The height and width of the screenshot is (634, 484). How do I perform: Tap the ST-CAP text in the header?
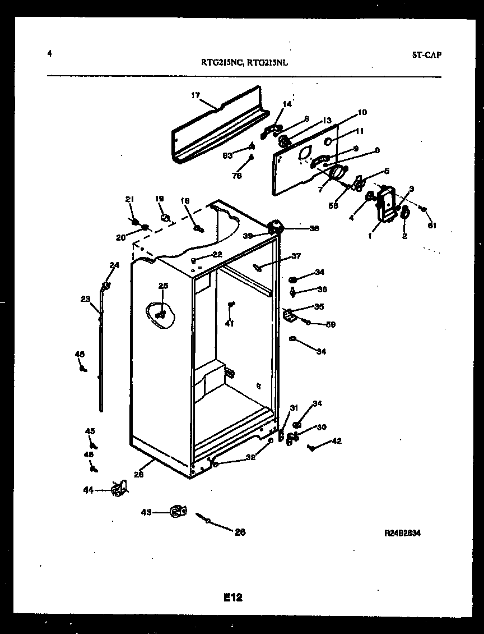(426, 55)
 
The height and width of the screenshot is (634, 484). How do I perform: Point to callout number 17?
(196, 95)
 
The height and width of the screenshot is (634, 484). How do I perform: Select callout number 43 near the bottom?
(146, 512)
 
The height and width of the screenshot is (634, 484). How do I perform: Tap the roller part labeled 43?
(178, 511)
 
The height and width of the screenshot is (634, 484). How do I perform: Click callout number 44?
(89, 490)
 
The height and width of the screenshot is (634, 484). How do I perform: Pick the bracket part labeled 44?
(118, 489)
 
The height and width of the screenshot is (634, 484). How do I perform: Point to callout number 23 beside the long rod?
(85, 299)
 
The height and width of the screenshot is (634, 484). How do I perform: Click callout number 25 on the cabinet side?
(163, 287)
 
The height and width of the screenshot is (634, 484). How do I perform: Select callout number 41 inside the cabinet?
(230, 323)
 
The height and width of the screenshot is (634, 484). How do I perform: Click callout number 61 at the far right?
(432, 226)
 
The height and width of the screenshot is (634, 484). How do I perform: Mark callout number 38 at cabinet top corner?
(314, 228)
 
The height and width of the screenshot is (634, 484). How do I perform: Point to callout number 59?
(331, 324)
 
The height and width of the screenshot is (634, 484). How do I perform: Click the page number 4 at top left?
(50, 54)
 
